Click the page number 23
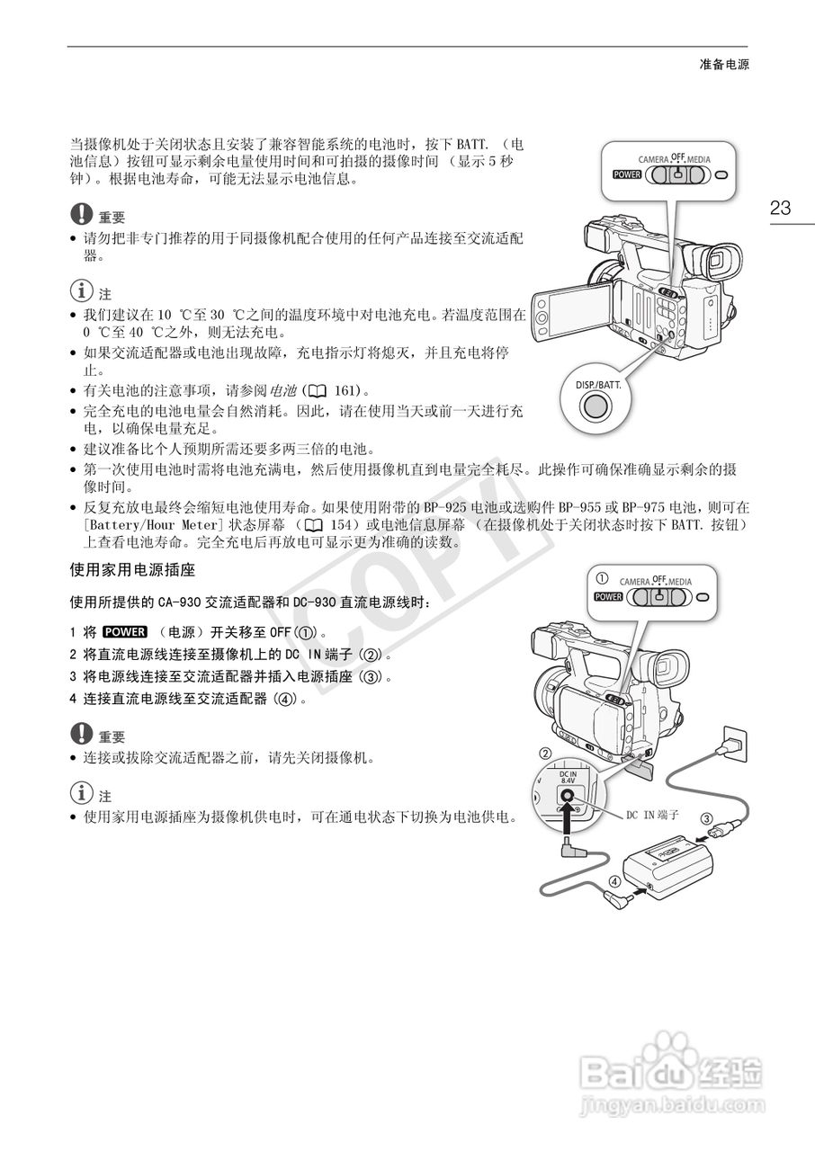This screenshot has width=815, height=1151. (x=780, y=209)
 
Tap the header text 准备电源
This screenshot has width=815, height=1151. (x=724, y=65)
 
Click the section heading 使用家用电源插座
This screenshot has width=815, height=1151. (x=132, y=570)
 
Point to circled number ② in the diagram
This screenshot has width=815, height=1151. (x=544, y=753)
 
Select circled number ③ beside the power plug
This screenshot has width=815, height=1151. (x=707, y=818)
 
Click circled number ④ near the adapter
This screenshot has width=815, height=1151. (x=613, y=882)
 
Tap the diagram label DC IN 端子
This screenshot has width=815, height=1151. (x=652, y=814)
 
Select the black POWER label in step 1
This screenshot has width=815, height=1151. (x=124, y=631)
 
